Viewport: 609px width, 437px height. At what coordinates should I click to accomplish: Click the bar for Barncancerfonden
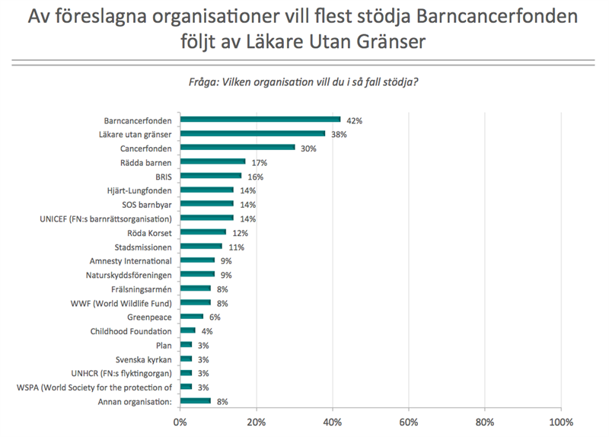[x=260, y=120]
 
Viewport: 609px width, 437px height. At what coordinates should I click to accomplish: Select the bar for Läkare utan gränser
[x=253, y=133]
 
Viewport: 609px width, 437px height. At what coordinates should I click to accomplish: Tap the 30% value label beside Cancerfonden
[x=308, y=148]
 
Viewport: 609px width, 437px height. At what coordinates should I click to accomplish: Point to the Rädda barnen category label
[x=147, y=162]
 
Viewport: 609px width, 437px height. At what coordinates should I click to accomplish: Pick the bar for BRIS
[x=211, y=176]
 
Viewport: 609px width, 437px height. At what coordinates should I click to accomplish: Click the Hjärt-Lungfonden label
[x=139, y=190]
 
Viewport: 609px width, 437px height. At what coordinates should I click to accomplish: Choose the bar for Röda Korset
[x=203, y=232]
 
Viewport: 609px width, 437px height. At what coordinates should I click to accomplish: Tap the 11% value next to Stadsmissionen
[x=235, y=247]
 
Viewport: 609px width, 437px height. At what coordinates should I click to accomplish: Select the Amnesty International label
[x=130, y=261]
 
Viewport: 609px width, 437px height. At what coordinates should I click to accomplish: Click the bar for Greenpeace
[x=192, y=317]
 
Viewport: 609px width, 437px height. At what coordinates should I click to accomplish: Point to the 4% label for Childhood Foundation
[x=207, y=331]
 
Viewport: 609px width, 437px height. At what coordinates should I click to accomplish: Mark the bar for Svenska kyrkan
[x=186, y=359]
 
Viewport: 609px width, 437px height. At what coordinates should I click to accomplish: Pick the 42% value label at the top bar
[x=354, y=120]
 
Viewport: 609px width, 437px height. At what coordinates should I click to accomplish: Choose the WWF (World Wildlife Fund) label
[x=126, y=303]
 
